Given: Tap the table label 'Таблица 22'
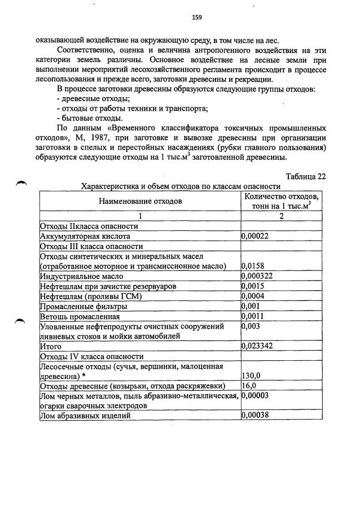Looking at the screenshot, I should pyautogui.click(x=306, y=176).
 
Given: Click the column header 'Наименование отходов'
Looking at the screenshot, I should pyautogui.click(x=141, y=200).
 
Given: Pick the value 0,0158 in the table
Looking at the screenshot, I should pyautogui.click(x=253, y=267).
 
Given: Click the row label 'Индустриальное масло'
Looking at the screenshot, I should pyautogui.click(x=81, y=277).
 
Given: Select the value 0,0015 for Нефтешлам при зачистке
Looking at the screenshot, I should pyautogui.click(x=253, y=287).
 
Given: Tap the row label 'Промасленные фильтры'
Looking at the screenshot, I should pyautogui.click(x=83, y=307).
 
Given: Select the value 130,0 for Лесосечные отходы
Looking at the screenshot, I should pyautogui.click(x=251, y=375).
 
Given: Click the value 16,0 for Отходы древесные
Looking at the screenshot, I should pyautogui.click(x=249, y=386).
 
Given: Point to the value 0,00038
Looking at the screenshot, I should pyautogui.click(x=255, y=416).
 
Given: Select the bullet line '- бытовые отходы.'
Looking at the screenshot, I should pyautogui.click(x=82, y=118).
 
